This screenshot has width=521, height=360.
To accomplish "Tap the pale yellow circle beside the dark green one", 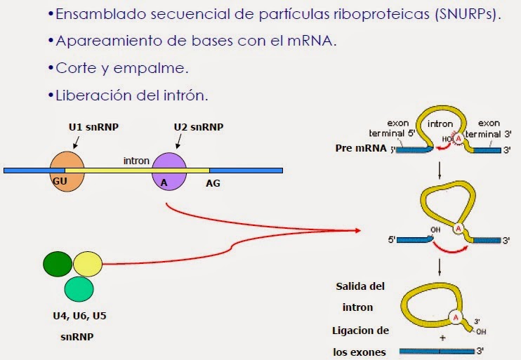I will coord(87,264).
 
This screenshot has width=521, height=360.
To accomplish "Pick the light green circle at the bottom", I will coord(79,288).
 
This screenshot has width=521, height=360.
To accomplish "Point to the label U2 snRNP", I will coord(198,127).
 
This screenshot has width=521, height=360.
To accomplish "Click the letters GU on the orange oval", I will coord(59,181).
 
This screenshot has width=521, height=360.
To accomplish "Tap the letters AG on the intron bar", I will coord(213,182).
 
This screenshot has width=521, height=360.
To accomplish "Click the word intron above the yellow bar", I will coord(136,161).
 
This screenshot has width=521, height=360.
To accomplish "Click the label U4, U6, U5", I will coord(79,316).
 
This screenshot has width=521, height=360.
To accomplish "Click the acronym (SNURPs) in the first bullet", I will coord(464,15).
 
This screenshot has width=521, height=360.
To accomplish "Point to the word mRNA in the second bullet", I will coord(312,40).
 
